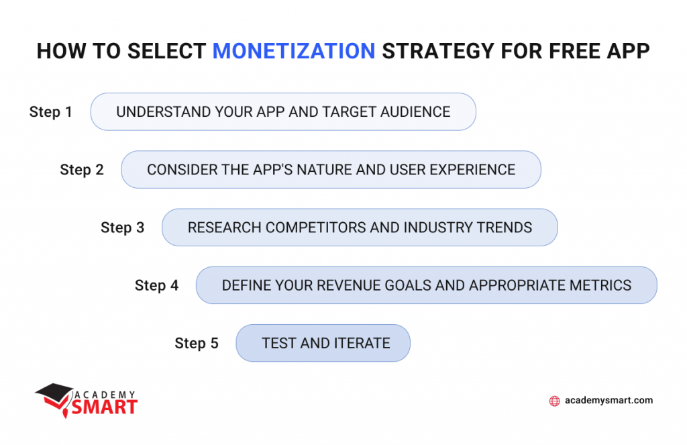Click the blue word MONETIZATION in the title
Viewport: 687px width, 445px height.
294,52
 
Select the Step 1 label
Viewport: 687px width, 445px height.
51,112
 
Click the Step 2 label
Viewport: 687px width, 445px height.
82,170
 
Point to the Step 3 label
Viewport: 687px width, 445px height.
123,228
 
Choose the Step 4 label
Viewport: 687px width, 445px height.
157,285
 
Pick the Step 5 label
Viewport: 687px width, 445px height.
197,344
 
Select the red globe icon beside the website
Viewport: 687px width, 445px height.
554,401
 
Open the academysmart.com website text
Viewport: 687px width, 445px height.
609,401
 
